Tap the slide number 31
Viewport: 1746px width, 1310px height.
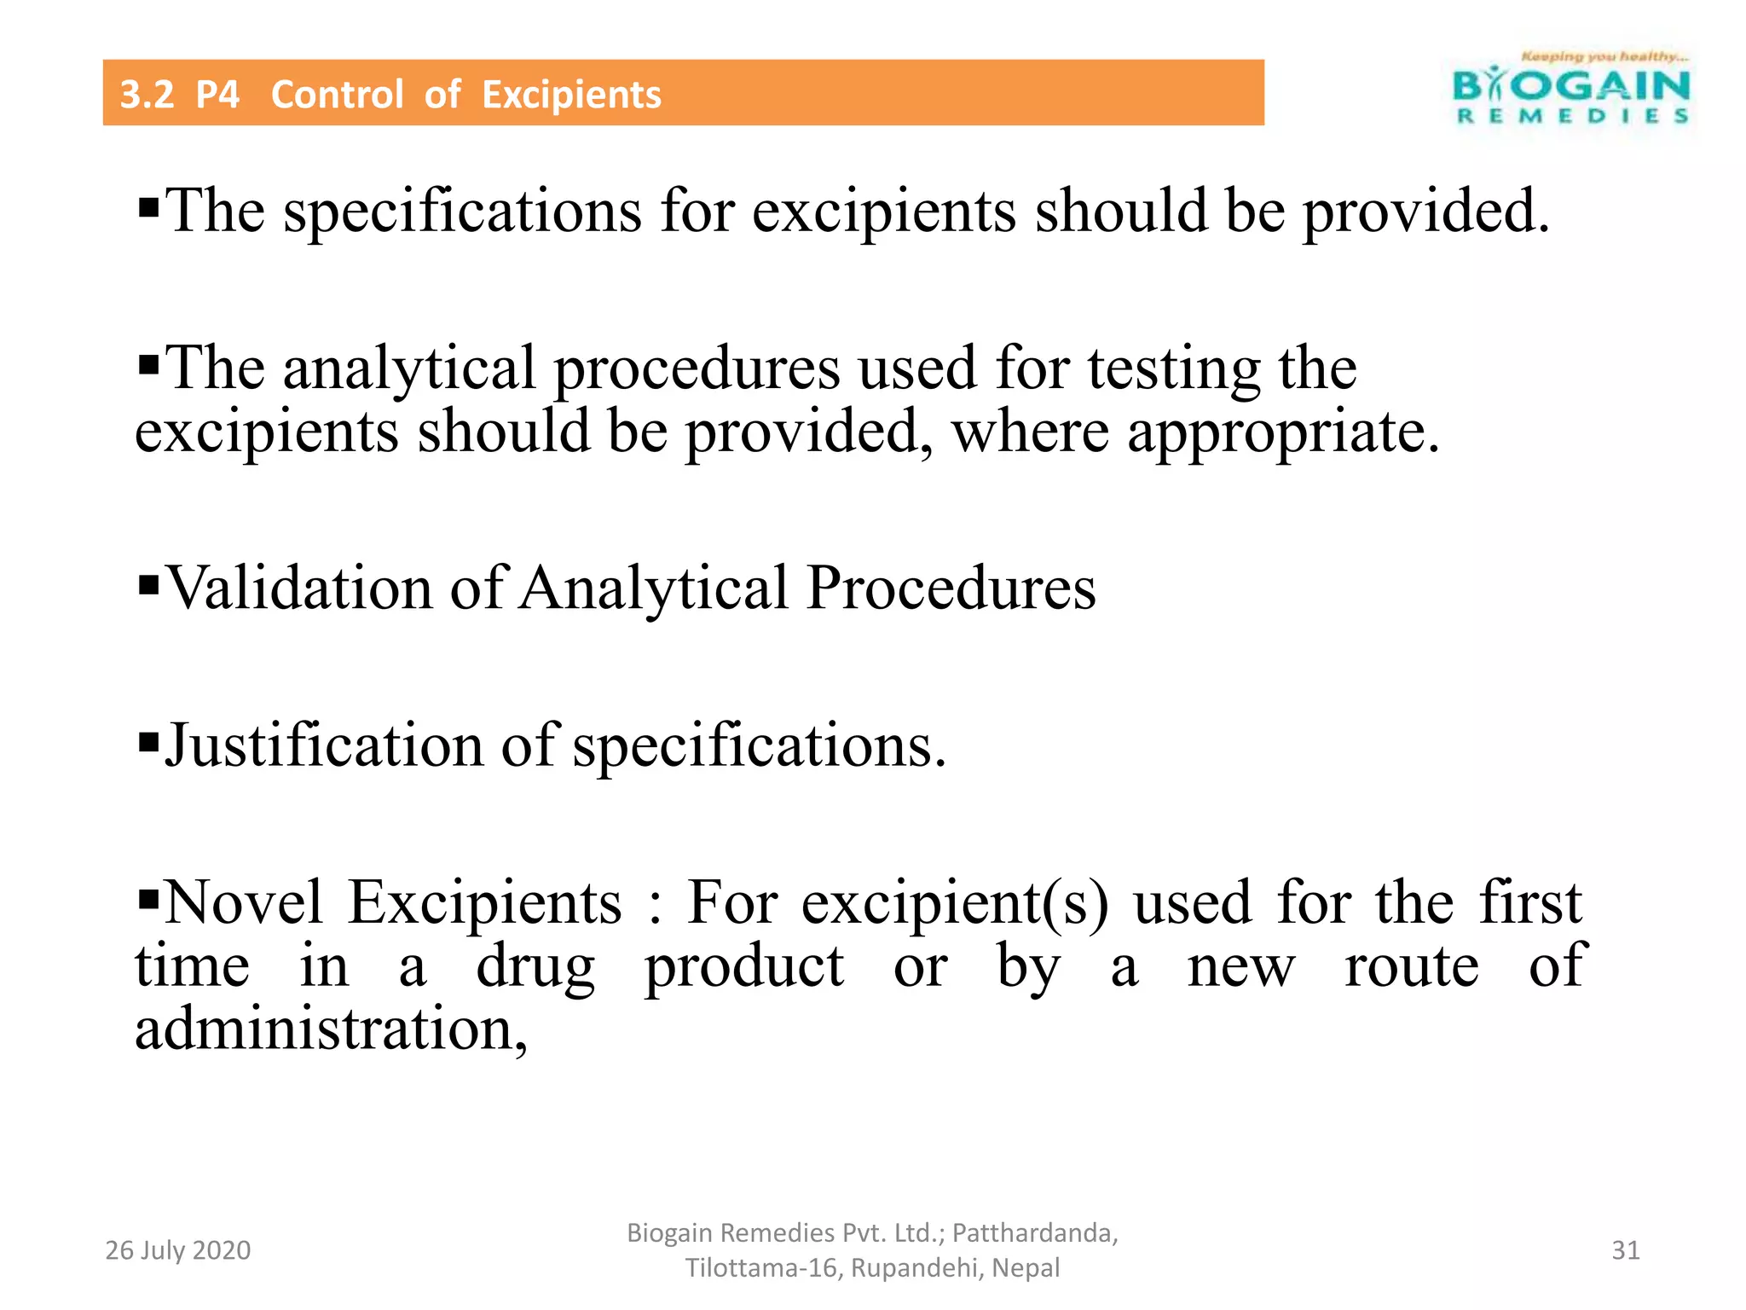tap(1625, 1250)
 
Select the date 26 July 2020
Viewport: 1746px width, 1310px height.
tap(177, 1250)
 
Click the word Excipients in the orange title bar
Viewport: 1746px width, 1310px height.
tap(571, 95)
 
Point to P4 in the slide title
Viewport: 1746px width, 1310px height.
tap(217, 95)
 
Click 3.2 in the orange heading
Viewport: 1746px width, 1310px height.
tap(147, 95)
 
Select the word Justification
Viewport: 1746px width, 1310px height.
tap(323, 745)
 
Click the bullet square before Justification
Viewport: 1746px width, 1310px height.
tap(148, 741)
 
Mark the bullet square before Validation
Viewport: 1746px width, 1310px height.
tap(148, 585)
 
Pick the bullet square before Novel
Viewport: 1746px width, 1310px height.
tap(148, 898)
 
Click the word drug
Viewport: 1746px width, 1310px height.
tap(535, 967)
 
